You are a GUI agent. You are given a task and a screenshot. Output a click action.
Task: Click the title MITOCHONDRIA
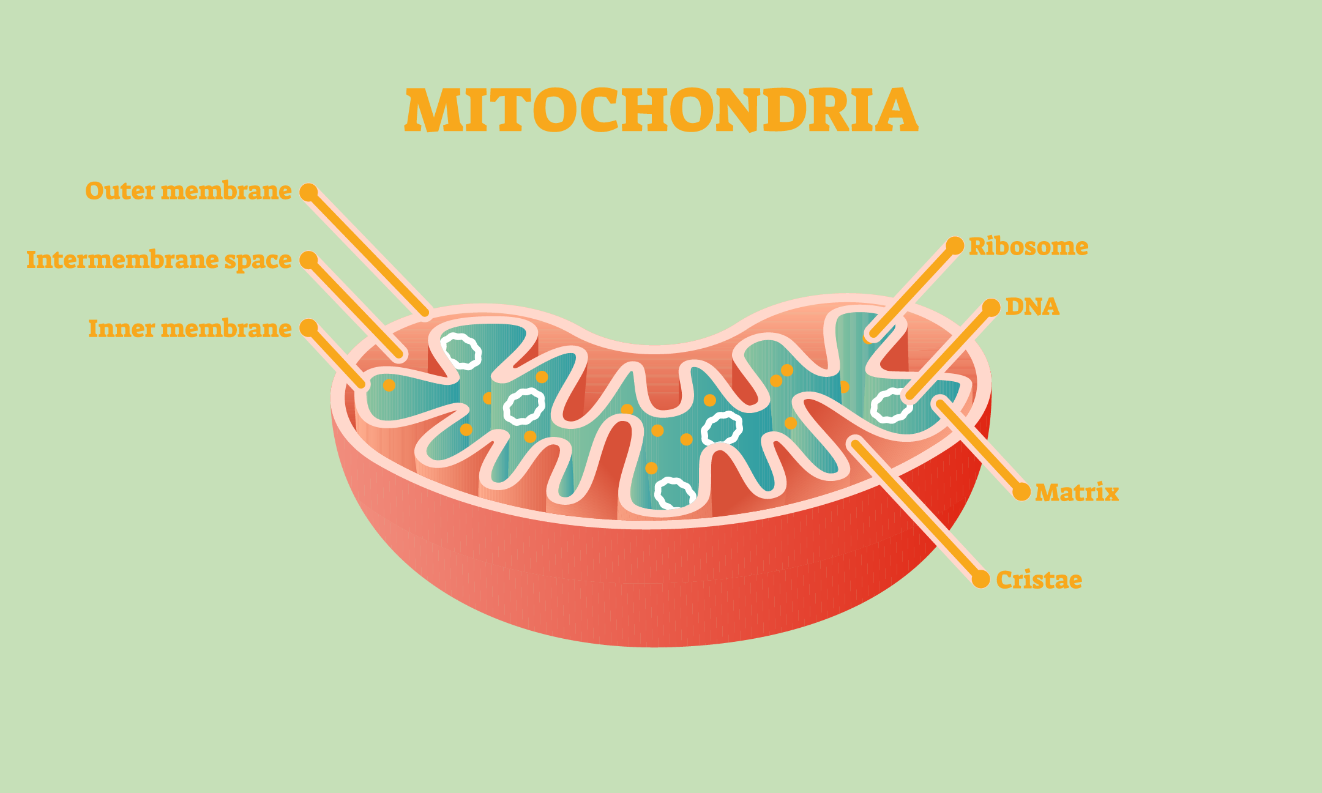tap(661, 110)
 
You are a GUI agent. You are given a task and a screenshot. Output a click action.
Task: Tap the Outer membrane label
tap(189, 190)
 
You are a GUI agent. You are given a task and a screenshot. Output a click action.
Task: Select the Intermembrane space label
tap(159, 260)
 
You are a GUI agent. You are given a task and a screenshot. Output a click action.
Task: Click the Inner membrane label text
tap(190, 329)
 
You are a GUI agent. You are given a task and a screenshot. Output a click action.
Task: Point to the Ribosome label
tap(1029, 247)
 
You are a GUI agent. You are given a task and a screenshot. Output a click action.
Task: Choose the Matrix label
tap(1077, 493)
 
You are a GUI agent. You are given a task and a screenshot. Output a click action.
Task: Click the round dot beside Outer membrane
tap(308, 192)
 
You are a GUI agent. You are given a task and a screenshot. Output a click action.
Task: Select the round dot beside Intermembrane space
tap(308, 260)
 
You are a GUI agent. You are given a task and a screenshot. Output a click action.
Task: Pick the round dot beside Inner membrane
tap(308, 328)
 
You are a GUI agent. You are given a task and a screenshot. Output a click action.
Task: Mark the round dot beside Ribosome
tap(955, 245)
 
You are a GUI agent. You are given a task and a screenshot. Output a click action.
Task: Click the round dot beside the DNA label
tap(991, 308)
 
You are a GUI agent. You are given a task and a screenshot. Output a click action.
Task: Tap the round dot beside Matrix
tap(1021, 492)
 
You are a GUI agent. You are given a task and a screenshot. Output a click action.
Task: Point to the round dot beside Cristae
tap(981, 579)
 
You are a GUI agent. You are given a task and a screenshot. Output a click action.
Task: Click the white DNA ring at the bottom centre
tap(675, 494)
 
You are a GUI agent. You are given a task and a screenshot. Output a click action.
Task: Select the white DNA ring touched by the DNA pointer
tap(891, 405)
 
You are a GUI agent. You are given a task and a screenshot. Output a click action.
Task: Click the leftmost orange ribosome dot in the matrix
tap(389, 385)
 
